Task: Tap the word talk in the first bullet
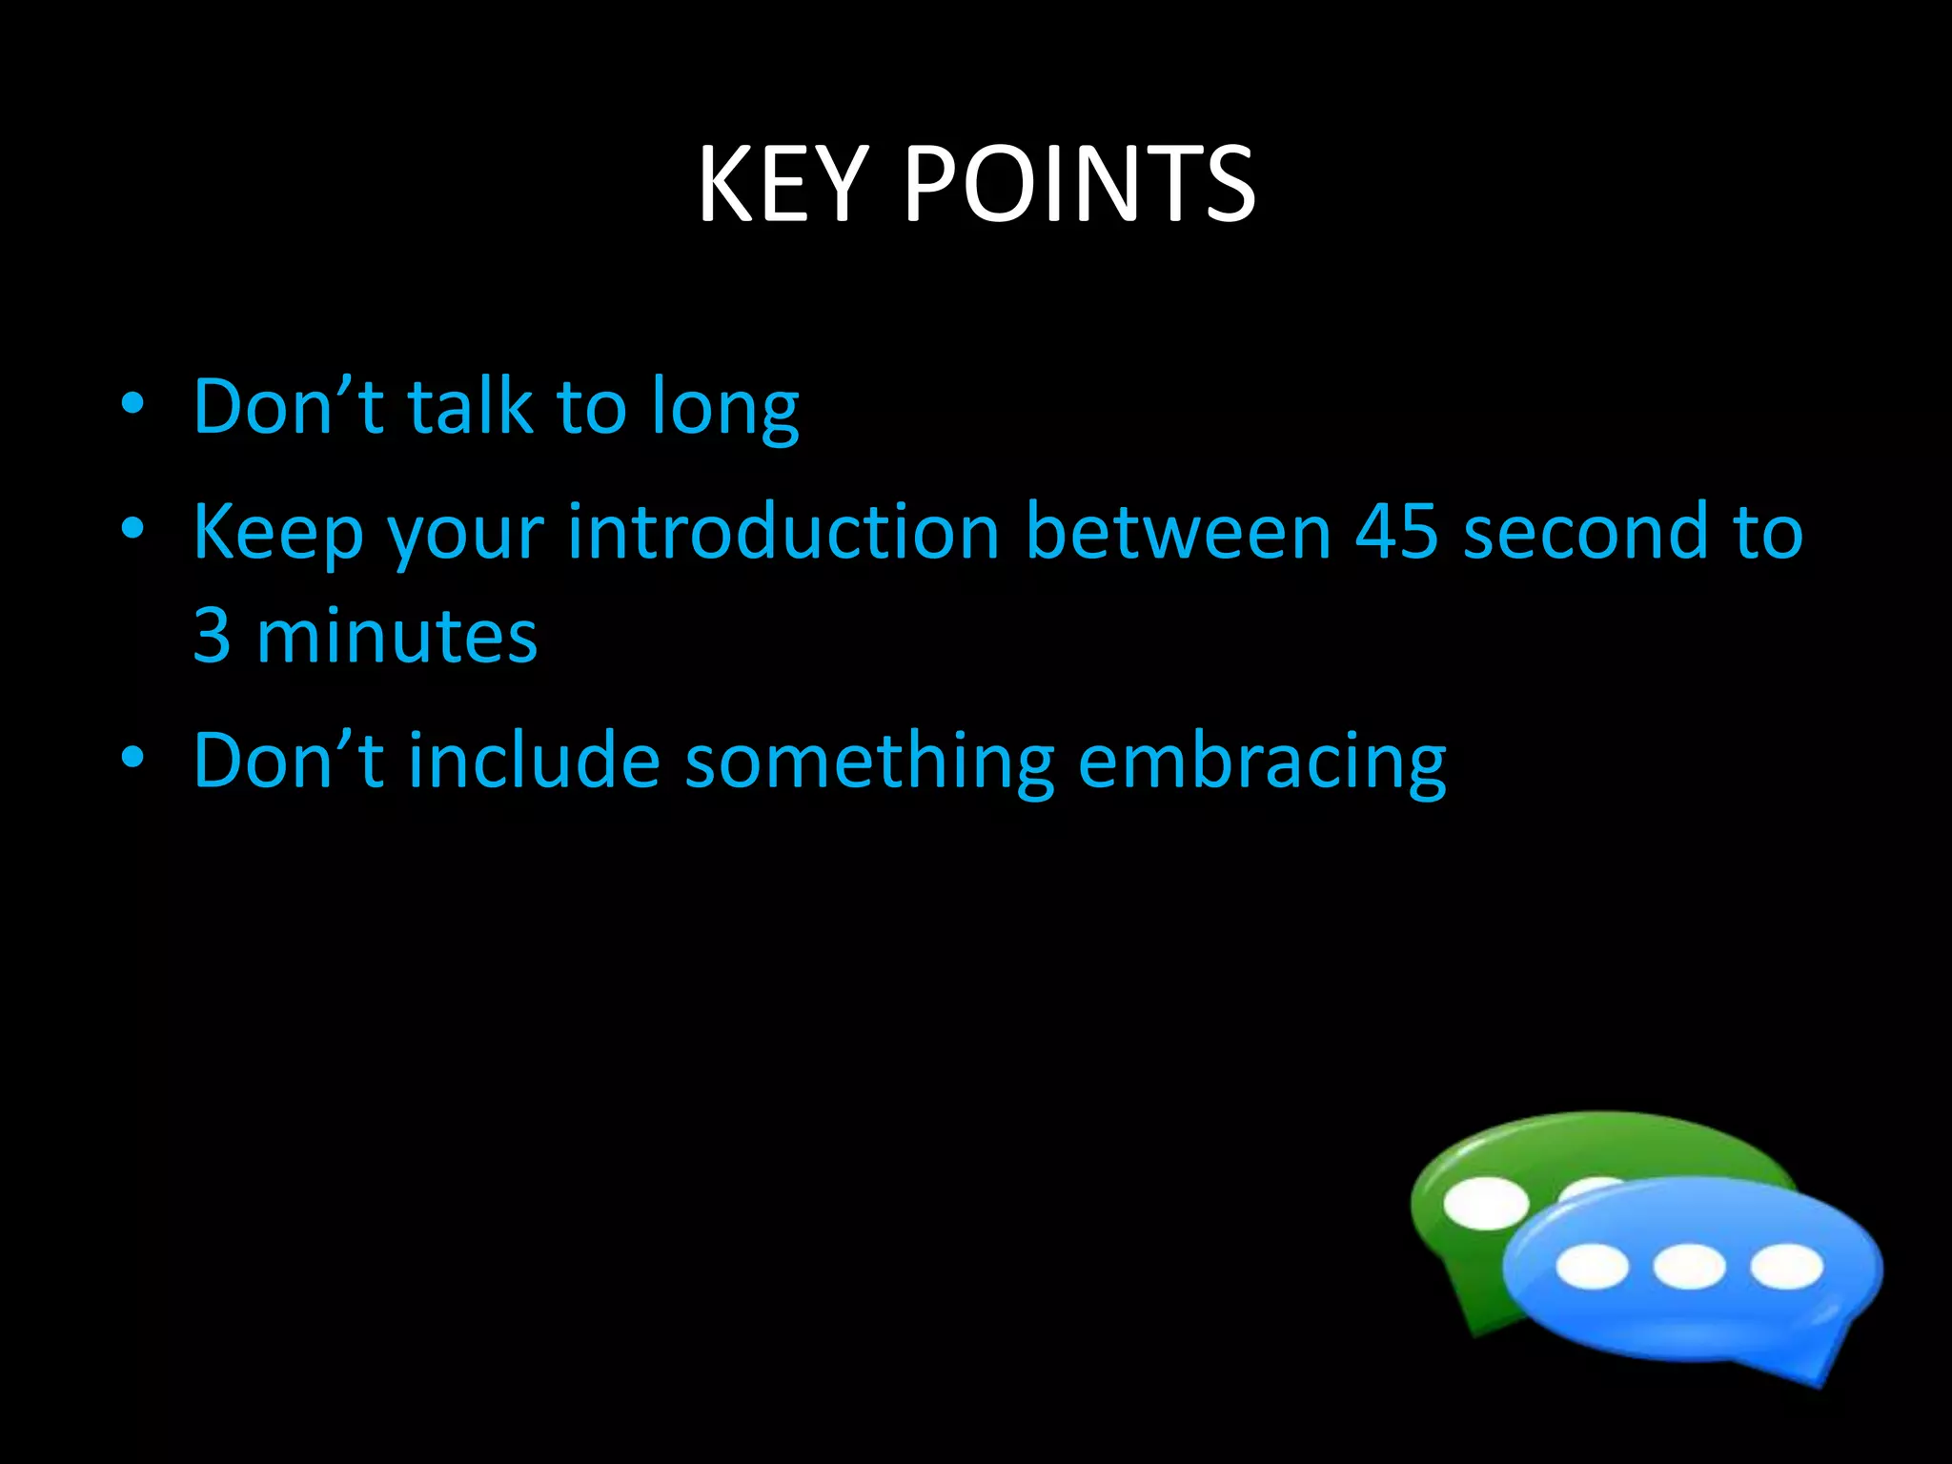click(469, 407)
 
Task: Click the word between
click(1178, 531)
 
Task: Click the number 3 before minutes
click(212, 636)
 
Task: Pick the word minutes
click(396, 636)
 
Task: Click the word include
click(534, 761)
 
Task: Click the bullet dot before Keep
click(132, 527)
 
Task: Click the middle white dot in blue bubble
click(1689, 1267)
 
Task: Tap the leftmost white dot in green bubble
click(1486, 1203)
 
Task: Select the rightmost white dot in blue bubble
click(1786, 1267)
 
